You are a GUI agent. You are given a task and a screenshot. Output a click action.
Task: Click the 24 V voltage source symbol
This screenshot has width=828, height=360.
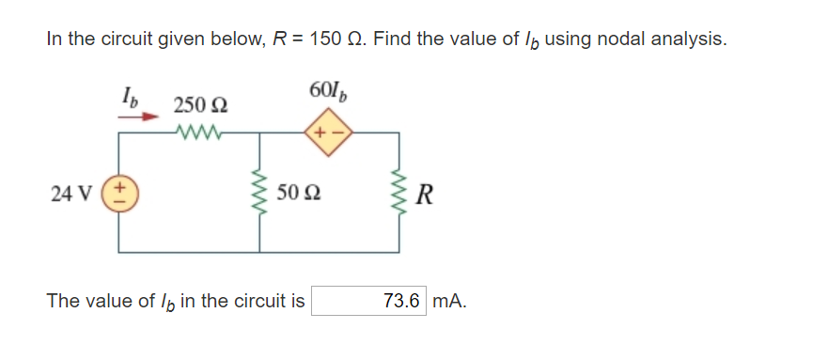tap(119, 194)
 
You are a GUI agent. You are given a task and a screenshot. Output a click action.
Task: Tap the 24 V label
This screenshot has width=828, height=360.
tap(70, 194)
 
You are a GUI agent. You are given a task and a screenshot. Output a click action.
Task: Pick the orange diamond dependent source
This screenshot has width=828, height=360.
tap(328, 133)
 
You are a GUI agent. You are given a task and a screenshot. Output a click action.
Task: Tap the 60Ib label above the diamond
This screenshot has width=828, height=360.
tap(328, 91)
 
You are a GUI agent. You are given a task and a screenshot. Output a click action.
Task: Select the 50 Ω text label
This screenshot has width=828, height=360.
tap(298, 194)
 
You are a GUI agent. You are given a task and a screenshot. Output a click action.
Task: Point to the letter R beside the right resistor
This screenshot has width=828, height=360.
tap(429, 195)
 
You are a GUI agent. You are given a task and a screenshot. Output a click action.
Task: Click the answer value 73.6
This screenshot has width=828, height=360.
tap(401, 301)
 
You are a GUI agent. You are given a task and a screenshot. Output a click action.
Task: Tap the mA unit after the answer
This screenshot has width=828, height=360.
tap(450, 301)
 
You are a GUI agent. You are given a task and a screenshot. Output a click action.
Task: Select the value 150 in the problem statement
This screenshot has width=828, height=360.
tap(318, 39)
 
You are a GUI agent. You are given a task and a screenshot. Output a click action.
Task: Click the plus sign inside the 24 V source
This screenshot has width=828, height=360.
tap(119, 187)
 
